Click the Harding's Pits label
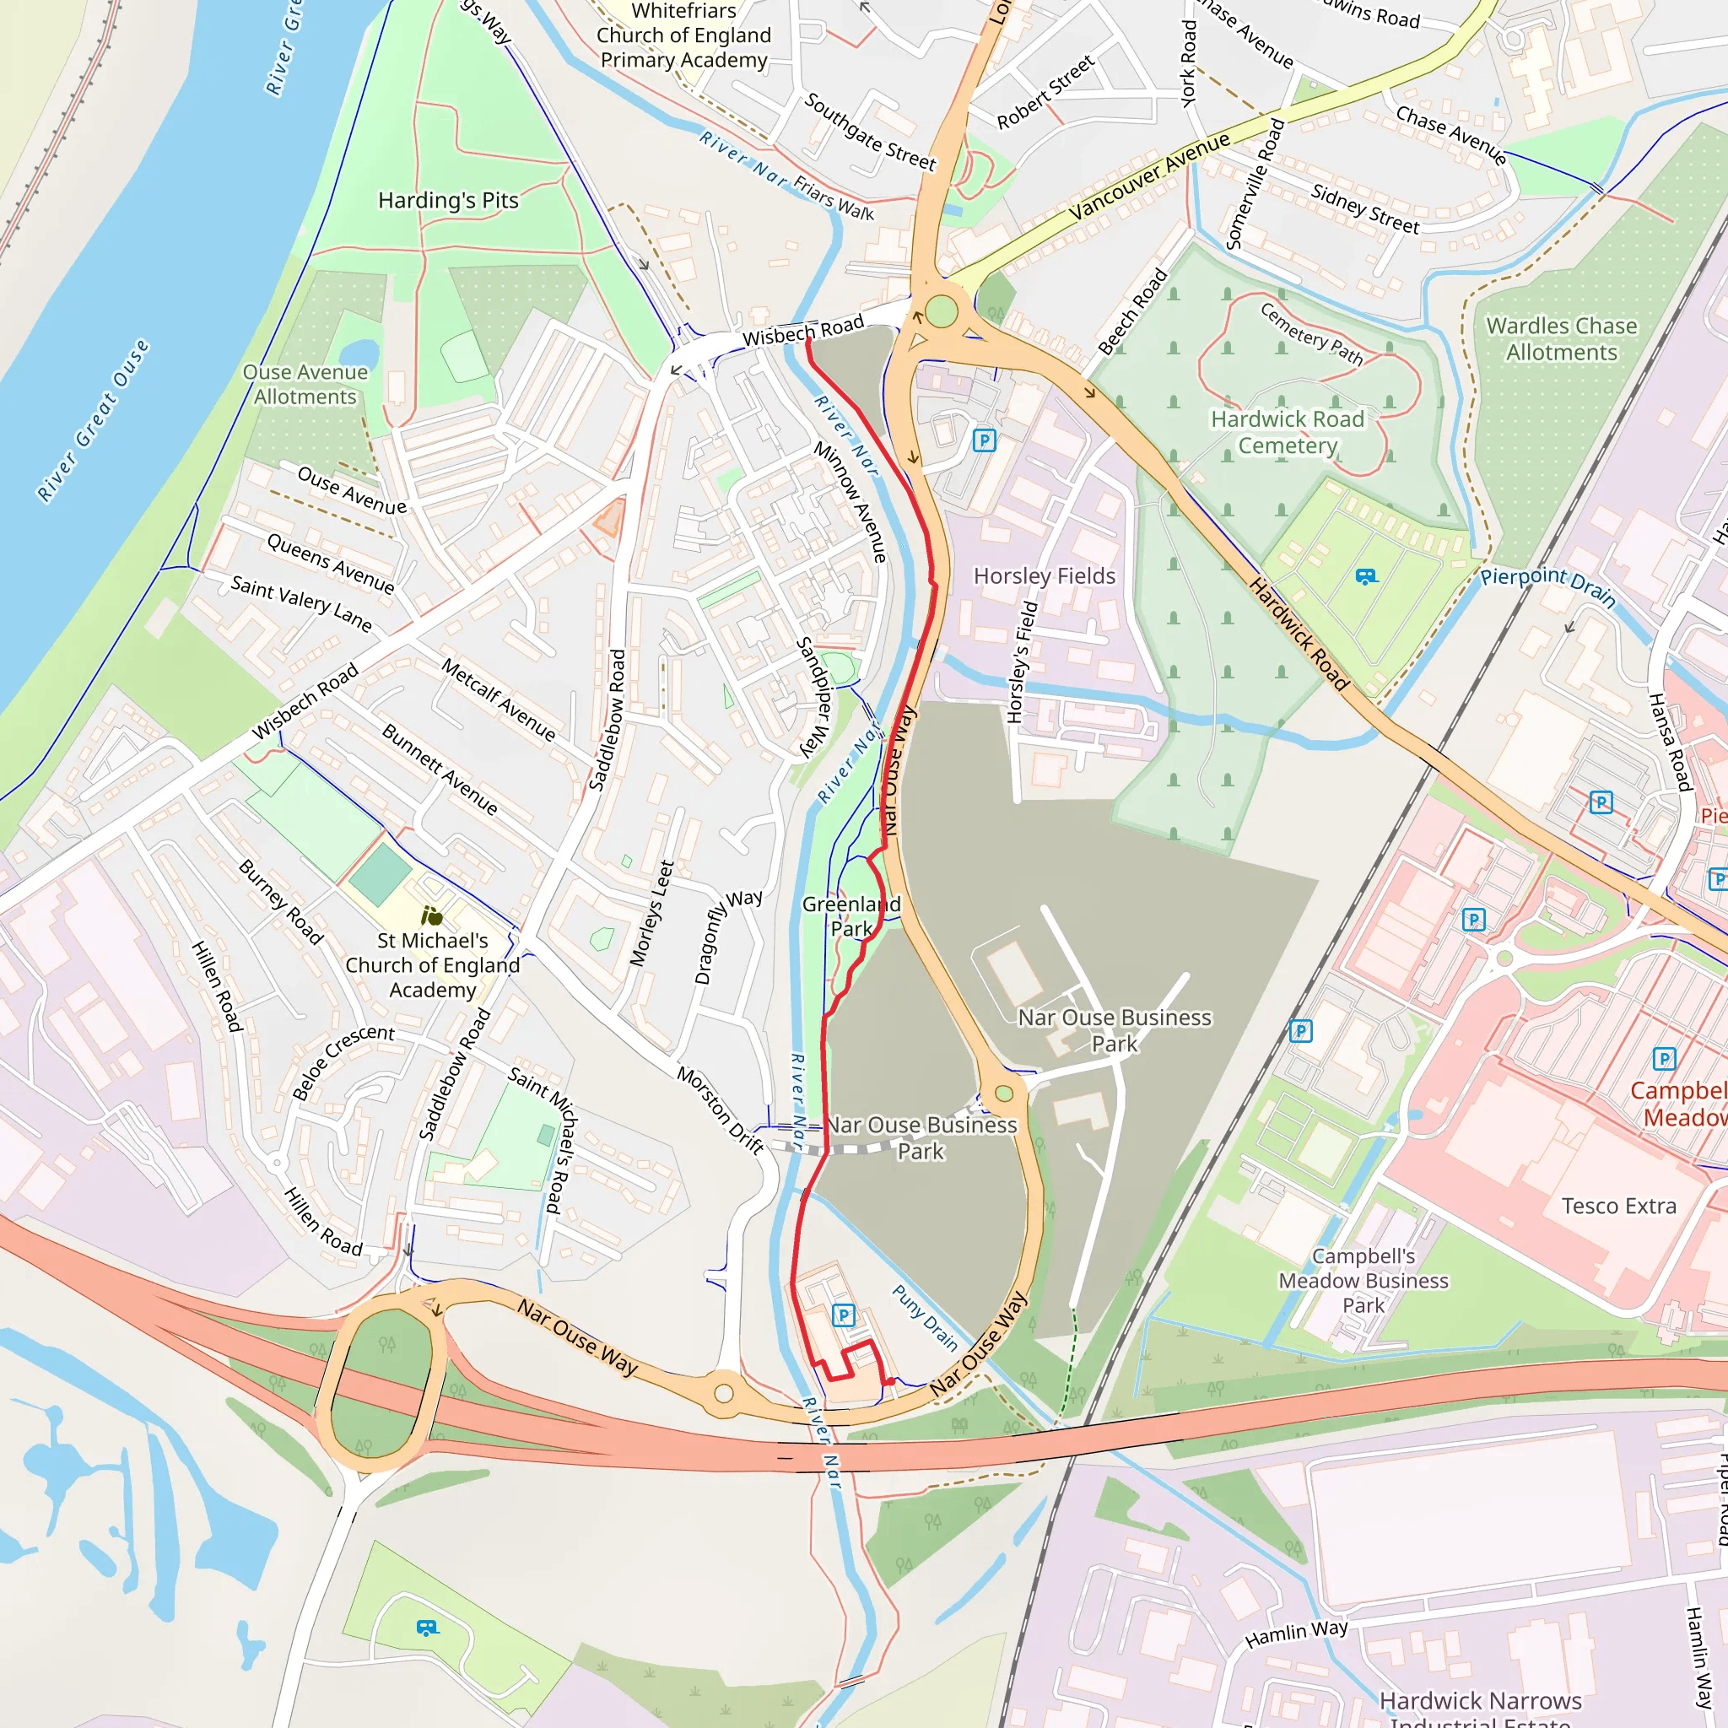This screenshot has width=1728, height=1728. [x=448, y=200]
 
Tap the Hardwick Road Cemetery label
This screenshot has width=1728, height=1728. [x=1287, y=432]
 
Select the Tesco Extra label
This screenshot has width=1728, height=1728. [x=1618, y=1206]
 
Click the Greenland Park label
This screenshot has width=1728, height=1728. [x=850, y=915]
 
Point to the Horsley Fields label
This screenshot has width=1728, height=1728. [x=1044, y=576]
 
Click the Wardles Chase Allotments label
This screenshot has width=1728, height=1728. [x=1561, y=339]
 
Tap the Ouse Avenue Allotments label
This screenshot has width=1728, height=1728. [x=305, y=385]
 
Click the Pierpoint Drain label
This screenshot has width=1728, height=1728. [x=1547, y=587]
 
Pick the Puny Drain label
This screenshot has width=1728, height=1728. [x=925, y=1317]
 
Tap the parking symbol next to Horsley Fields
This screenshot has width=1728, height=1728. [x=984, y=440]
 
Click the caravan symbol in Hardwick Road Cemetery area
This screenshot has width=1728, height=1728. [x=1366, y=577]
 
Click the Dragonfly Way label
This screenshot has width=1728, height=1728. [x=728, y=937]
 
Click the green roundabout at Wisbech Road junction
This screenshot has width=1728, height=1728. [x=941, y=312]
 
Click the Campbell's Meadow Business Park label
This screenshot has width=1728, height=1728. [x=1363, y=1281]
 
